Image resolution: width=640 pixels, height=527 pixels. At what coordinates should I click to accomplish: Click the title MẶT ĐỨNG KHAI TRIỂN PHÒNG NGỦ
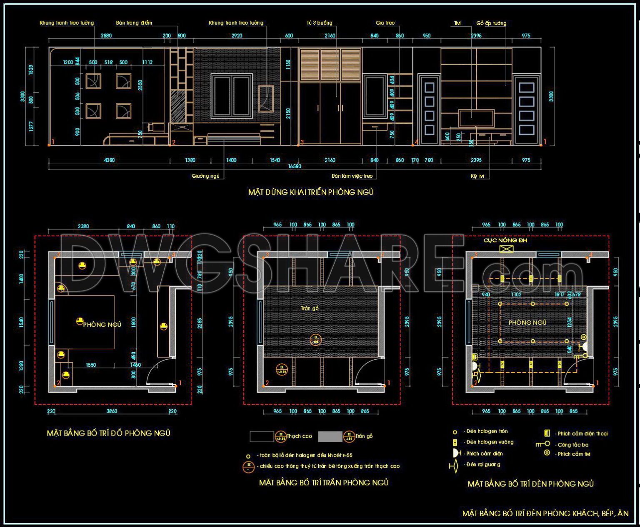pyautogui.click(x=311, y=192)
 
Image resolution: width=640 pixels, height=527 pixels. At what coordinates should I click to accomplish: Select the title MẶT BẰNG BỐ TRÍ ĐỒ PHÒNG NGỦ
pyautogui.click(x=108, y=433)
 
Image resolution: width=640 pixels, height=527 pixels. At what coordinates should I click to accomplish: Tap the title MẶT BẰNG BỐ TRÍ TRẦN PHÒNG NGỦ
pyautogui.click(x=323, y=483)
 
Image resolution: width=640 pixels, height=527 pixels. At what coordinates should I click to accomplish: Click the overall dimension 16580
pyautogui.click(x=295, y=166)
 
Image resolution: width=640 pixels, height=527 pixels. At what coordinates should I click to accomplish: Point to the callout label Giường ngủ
pyautogui.click(x=205, y=176)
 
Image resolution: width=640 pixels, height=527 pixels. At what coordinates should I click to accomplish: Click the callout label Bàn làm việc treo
pyautogui.click(x=352, y=176)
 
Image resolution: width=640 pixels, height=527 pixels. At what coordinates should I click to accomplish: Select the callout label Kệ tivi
pyautogui.click(x=477, y=176)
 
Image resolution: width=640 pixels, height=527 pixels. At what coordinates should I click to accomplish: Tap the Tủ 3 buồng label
pyautogui.click(x=320, y=23)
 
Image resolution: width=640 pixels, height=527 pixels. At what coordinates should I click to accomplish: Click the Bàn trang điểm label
pyautogui.click(x=134, y=23)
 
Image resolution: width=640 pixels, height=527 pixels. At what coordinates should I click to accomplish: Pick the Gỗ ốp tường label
pyautogui.click(x=491, y=23)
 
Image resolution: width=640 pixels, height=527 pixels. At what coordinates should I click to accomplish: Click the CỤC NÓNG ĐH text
pyautogui.click(x=505, y=240)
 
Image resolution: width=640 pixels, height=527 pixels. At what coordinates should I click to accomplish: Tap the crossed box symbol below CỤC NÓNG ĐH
pyautogui.click(x=506, y=249)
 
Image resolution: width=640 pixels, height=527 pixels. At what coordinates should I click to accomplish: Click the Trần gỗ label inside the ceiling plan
pyautogui.click(x=310, y=308)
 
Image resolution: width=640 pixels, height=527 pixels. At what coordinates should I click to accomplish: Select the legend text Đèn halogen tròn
pyautogui.click(x=487, y=431)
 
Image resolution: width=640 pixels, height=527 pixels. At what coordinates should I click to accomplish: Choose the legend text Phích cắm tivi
pyautogui.click(x=574, y=454)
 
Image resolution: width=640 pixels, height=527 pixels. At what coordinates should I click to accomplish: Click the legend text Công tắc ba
pyautogui.click(x=573, y=445)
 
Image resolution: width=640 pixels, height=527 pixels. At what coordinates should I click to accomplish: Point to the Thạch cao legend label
pyautogui.click(x=299, y=436)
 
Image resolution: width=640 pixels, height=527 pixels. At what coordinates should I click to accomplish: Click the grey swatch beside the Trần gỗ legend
pyautogui.click(x=330, y=436)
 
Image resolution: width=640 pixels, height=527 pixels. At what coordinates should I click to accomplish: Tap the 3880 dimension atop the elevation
pyautogui.click(x=106, y=36)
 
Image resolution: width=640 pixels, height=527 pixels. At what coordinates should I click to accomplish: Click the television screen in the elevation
pyautogui.click(x=476, y=118)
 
